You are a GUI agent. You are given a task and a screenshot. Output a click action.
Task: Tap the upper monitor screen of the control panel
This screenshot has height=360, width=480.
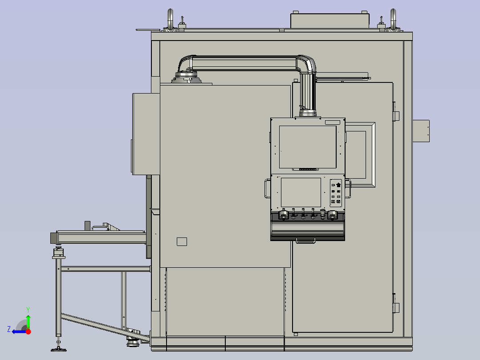(x=308, y=147)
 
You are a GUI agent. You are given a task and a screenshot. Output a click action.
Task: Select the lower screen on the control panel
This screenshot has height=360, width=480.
(x=301, y=192)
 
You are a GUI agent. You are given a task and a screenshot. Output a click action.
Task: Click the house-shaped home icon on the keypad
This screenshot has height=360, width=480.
(x=338, y=185)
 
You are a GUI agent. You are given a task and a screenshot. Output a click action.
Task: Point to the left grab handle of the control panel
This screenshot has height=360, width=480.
(x=267, y=188)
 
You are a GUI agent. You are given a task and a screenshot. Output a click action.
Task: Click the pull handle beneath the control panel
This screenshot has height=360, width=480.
(x=305, y=241)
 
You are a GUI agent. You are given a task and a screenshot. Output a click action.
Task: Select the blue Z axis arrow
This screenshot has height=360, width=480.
(x=19, y=331)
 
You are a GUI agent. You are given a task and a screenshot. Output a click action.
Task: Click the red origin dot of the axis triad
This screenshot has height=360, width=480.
(x=28, y=331)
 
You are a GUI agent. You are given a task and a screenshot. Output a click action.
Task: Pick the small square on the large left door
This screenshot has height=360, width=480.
(x=182, y=241)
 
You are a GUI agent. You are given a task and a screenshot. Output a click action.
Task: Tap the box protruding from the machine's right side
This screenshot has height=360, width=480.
(x=421, y=131)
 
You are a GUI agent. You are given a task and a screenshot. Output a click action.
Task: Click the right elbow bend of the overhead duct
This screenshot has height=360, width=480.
(x=307, y=64)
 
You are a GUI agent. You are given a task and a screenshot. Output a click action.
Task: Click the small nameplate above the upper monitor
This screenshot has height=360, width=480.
(x=333, y=123)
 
